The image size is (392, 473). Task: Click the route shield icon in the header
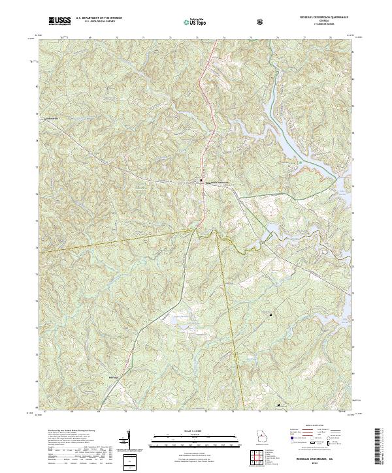point(261,22)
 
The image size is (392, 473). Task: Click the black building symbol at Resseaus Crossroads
point(201,180)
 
